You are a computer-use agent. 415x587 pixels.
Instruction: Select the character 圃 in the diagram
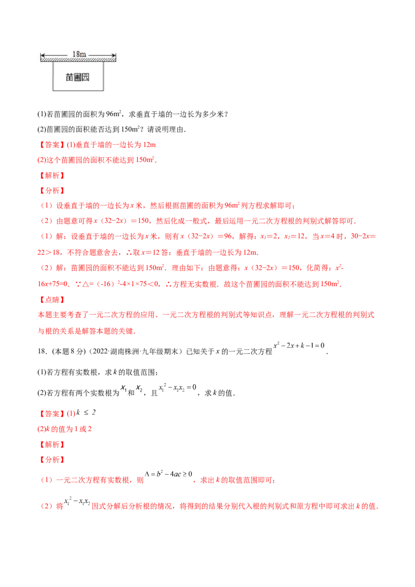[78, 77]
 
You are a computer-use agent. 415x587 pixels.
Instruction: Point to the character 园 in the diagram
[86, 77]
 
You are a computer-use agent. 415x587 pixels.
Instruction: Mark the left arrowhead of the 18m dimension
[42, 54]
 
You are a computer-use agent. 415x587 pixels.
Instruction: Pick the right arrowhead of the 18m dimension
[112, 54]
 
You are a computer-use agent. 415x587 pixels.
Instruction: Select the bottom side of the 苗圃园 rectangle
[77, 91]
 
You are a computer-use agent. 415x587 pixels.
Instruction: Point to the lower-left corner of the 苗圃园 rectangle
[52, 91]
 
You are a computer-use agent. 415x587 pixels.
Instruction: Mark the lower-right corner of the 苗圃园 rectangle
[102, 91]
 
